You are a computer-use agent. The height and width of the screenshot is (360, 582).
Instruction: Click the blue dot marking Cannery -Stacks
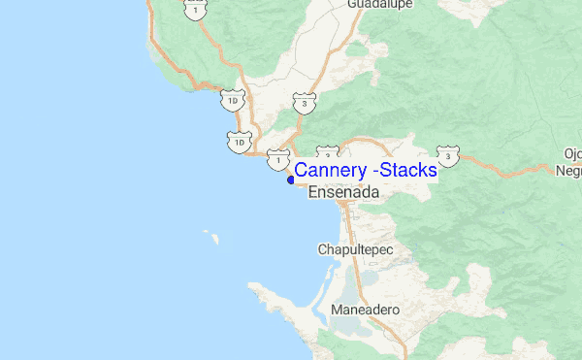point(291,180)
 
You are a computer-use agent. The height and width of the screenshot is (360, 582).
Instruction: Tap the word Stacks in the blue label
point(408,171)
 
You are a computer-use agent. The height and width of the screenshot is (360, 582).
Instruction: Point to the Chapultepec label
point(356,249)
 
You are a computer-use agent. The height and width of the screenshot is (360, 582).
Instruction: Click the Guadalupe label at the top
point(380,4)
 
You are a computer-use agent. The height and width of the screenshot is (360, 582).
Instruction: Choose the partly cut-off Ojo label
point(573,153)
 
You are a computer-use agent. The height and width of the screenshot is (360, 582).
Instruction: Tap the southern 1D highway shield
point(239,142)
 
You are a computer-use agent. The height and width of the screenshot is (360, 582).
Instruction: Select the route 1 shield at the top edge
point(197,10)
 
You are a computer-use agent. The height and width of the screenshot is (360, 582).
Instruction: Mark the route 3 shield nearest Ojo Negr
point(447,155)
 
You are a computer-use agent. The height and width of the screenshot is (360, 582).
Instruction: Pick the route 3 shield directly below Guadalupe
point(305,102)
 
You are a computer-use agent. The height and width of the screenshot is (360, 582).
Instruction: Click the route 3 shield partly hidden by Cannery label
point(328,153)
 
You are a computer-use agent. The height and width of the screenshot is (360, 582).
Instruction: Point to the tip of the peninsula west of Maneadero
point(254,286)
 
